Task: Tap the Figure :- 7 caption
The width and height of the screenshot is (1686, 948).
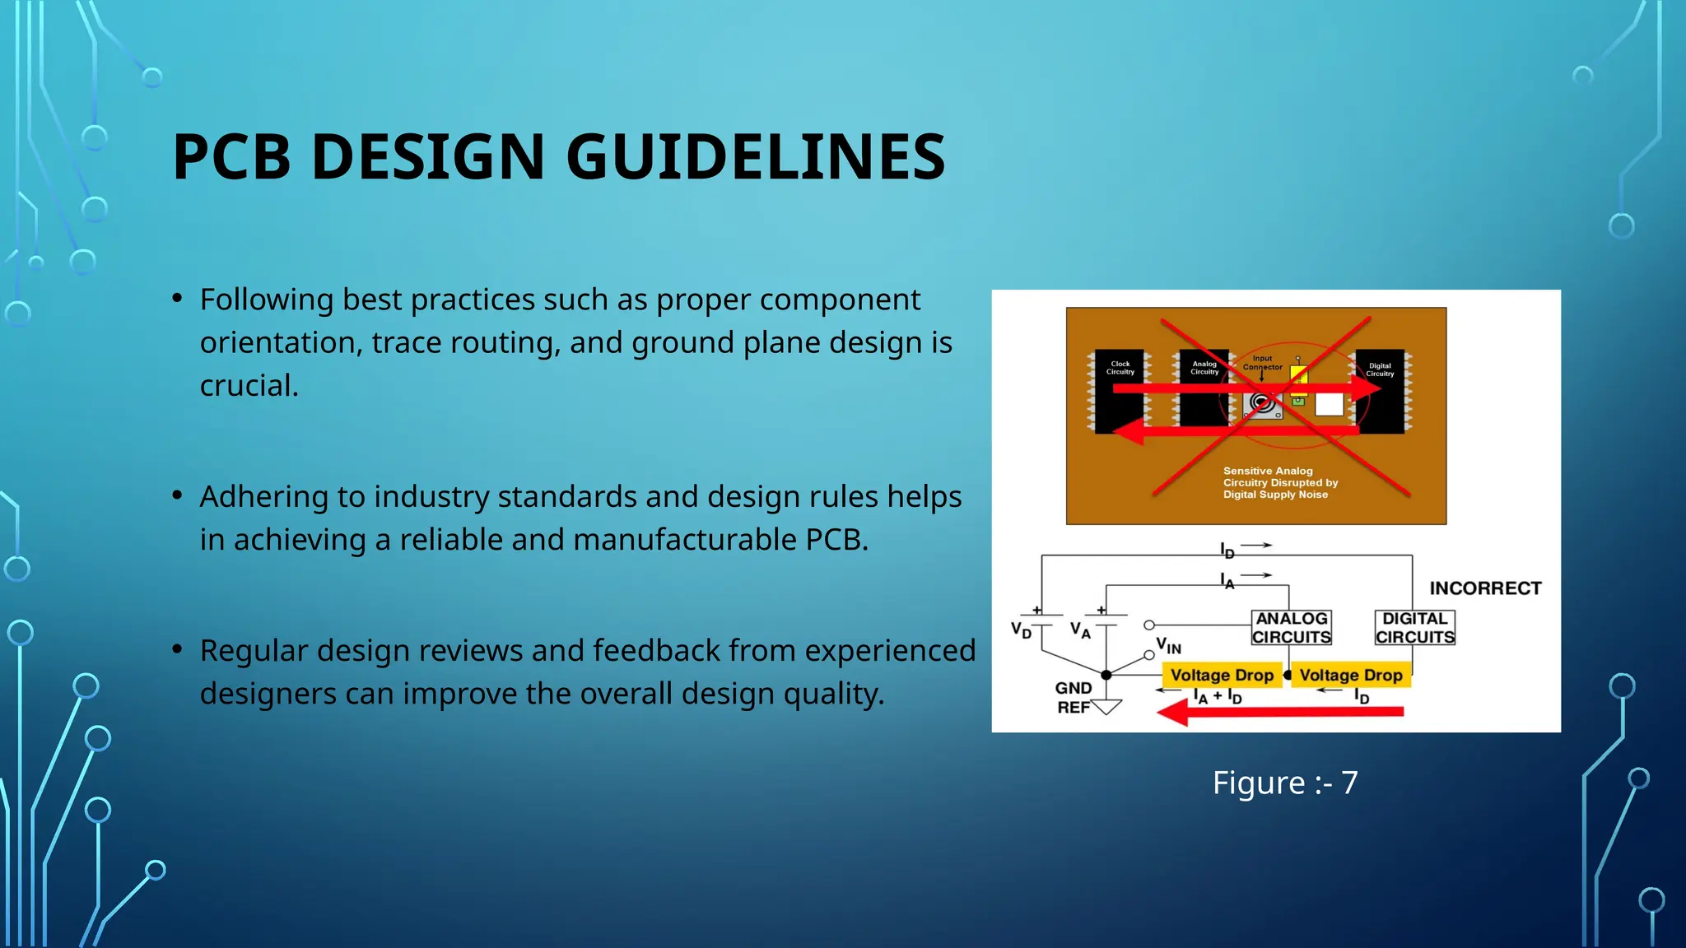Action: [1284, 782]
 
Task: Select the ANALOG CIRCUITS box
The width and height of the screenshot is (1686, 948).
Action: [1291, 627]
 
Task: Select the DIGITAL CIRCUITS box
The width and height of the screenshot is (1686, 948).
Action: [1414, 627]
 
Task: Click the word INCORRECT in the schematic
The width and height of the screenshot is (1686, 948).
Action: [1485, 588]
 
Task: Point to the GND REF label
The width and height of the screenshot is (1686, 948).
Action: [1074, 697]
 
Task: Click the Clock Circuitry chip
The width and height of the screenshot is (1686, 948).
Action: [1120, 392]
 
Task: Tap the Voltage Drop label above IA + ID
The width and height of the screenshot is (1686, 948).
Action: [1222, 675]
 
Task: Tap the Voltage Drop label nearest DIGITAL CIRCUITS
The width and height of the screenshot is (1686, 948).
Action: [1350, 675]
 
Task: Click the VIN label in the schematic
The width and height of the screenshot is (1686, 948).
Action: [1168, 646]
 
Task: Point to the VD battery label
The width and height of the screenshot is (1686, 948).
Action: [1021, 630]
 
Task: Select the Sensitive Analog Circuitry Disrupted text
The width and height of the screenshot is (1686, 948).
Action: [1280, 482]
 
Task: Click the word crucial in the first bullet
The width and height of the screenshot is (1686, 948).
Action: [249, 385]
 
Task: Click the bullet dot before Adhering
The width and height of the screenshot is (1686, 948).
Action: [177, 495]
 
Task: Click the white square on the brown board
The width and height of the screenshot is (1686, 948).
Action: [1329, 404]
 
